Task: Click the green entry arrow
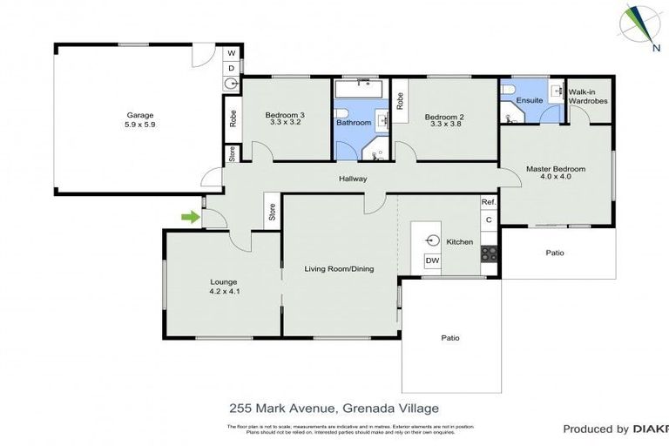(187, 215)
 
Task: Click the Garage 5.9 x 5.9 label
(140, 119)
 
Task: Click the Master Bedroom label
(555, 172)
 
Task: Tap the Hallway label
(353, 179)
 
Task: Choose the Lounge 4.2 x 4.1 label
(224, 287)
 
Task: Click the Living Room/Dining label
(339, 269)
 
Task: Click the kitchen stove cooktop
(489, 254)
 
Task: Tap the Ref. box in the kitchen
(488, 202)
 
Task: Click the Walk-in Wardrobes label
(588, 96)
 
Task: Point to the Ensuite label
(530, 101)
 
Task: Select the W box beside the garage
(231, 52)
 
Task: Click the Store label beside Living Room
(272, 212)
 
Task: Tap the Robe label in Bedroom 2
(400, 101)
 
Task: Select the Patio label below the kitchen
(449, 338)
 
